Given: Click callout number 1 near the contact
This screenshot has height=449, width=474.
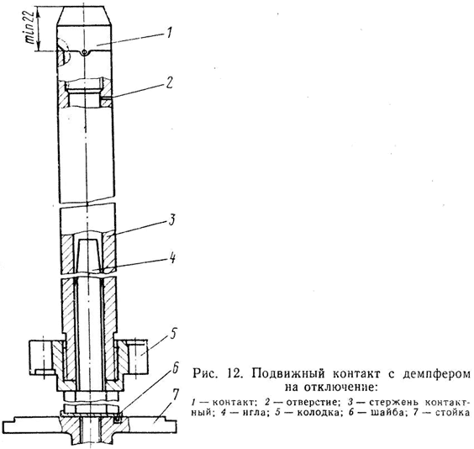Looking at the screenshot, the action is coord(169,33).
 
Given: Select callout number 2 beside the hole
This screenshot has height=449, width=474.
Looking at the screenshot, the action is coord(169,82).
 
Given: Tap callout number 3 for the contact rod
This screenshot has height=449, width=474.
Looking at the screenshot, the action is coord(171,219).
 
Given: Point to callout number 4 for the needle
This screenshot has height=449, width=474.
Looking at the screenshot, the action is coord(172,258).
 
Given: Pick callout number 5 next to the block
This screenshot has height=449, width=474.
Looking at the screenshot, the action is coord(172,333).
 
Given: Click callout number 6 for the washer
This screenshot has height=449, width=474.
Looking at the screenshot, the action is coord(176,368).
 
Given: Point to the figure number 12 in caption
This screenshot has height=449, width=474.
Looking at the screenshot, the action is coord(233,373).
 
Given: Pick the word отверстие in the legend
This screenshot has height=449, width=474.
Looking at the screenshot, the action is coord(313,403).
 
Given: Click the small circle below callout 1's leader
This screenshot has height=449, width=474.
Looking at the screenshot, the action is coord(85,52).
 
